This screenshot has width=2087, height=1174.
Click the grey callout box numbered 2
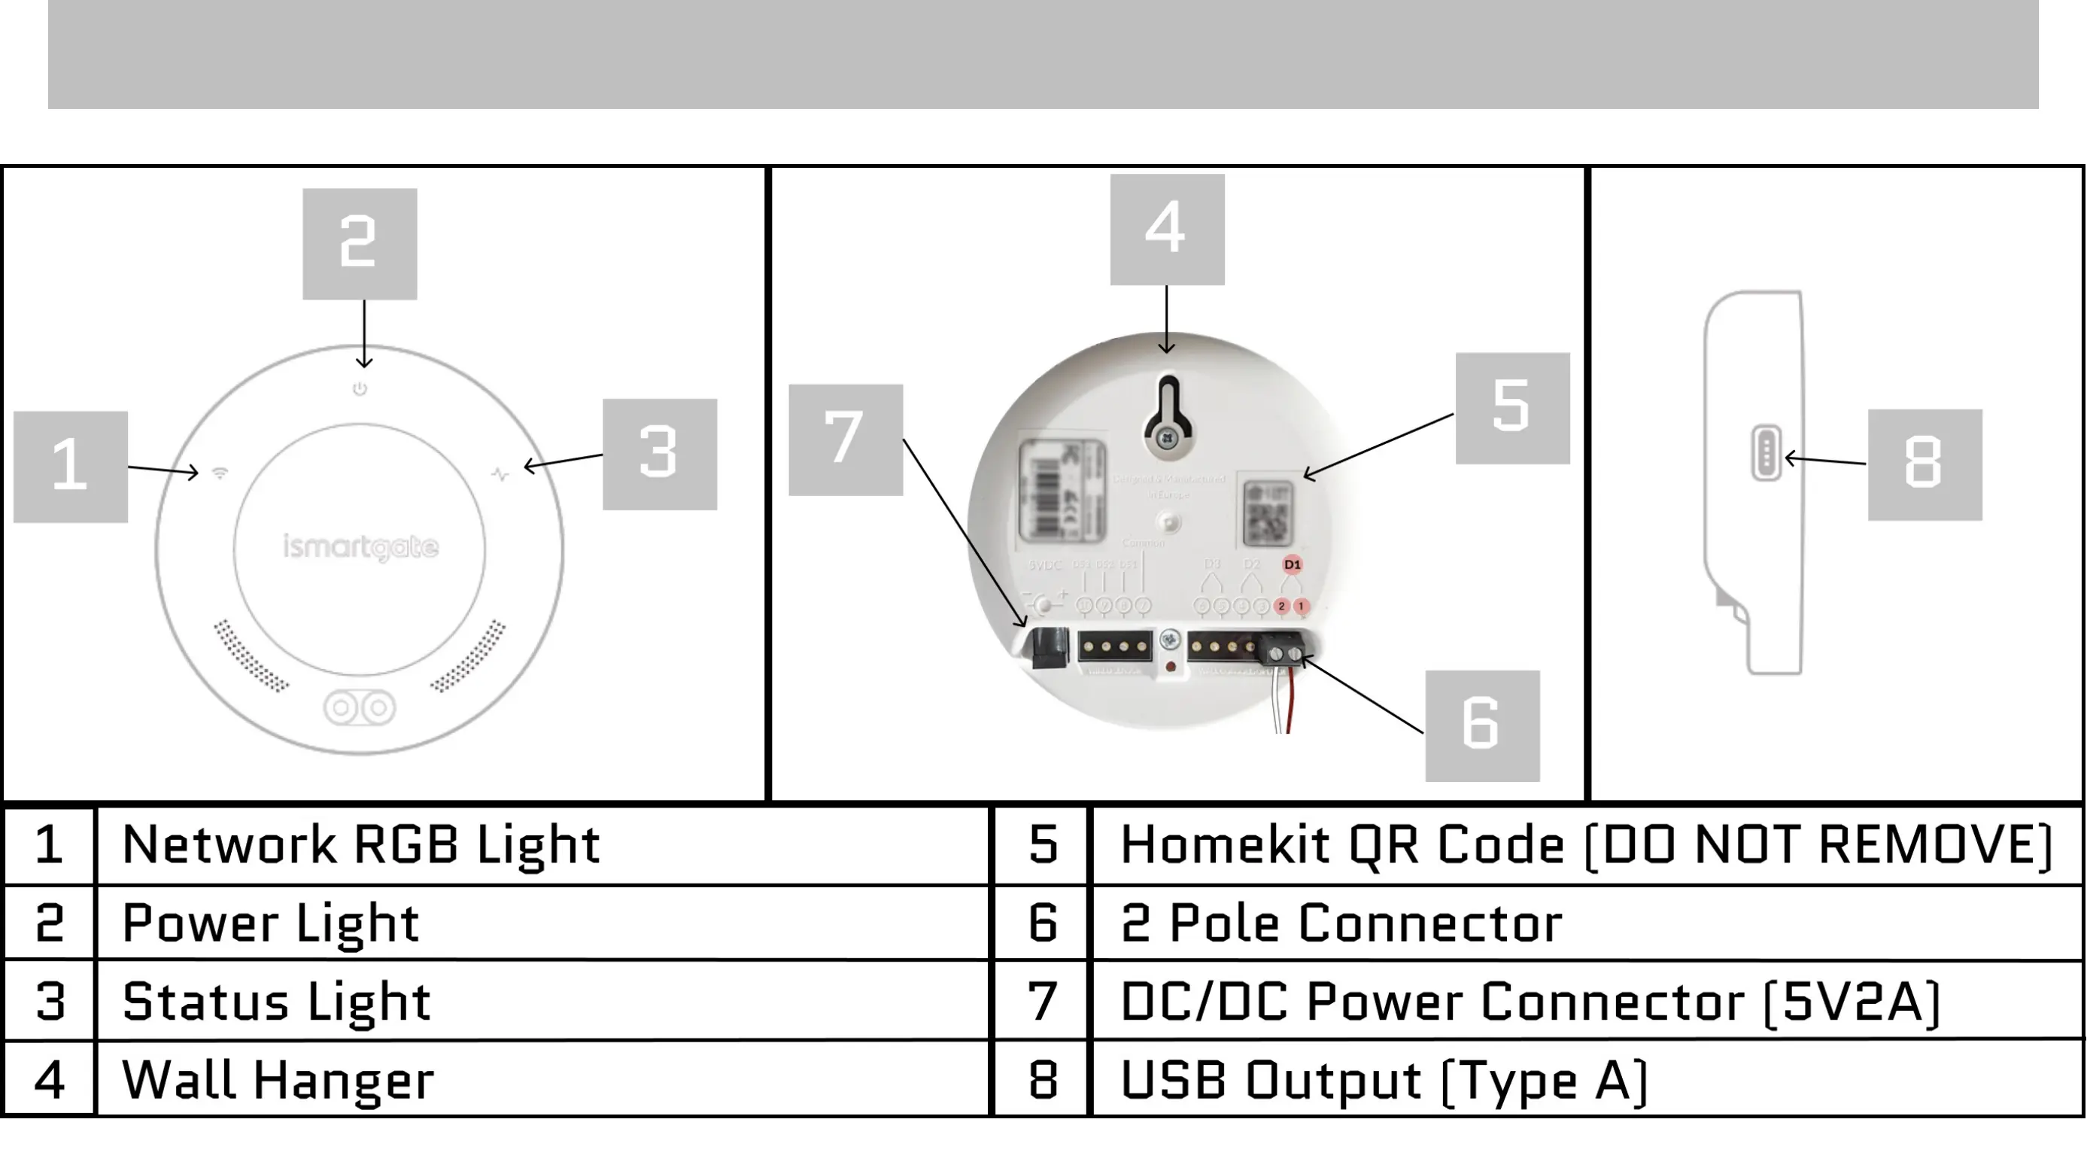tap(360, 244)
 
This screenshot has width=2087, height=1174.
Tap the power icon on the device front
tap(360, 389)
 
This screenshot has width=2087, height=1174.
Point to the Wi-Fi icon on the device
tap(220, 473)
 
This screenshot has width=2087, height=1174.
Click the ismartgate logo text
tap(360, 548)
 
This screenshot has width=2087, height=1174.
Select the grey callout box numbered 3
tap(660, 454)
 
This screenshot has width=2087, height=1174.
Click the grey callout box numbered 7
tap(845, 439)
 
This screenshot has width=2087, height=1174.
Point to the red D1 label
tap(1293, 564)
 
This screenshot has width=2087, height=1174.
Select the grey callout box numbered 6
tap(1482, 725)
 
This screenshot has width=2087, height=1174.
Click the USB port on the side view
tap(1767, 453)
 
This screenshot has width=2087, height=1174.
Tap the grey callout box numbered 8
tap(1924, 464)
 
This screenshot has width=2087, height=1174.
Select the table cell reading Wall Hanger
tap(278, 1080)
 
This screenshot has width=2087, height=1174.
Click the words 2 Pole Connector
tap(1341, 923)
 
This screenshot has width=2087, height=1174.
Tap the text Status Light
tap(276, 1002)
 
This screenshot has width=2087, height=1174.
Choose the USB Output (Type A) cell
tap(1384, 1080)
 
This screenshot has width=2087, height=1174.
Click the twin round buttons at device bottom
tap(360, 707)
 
